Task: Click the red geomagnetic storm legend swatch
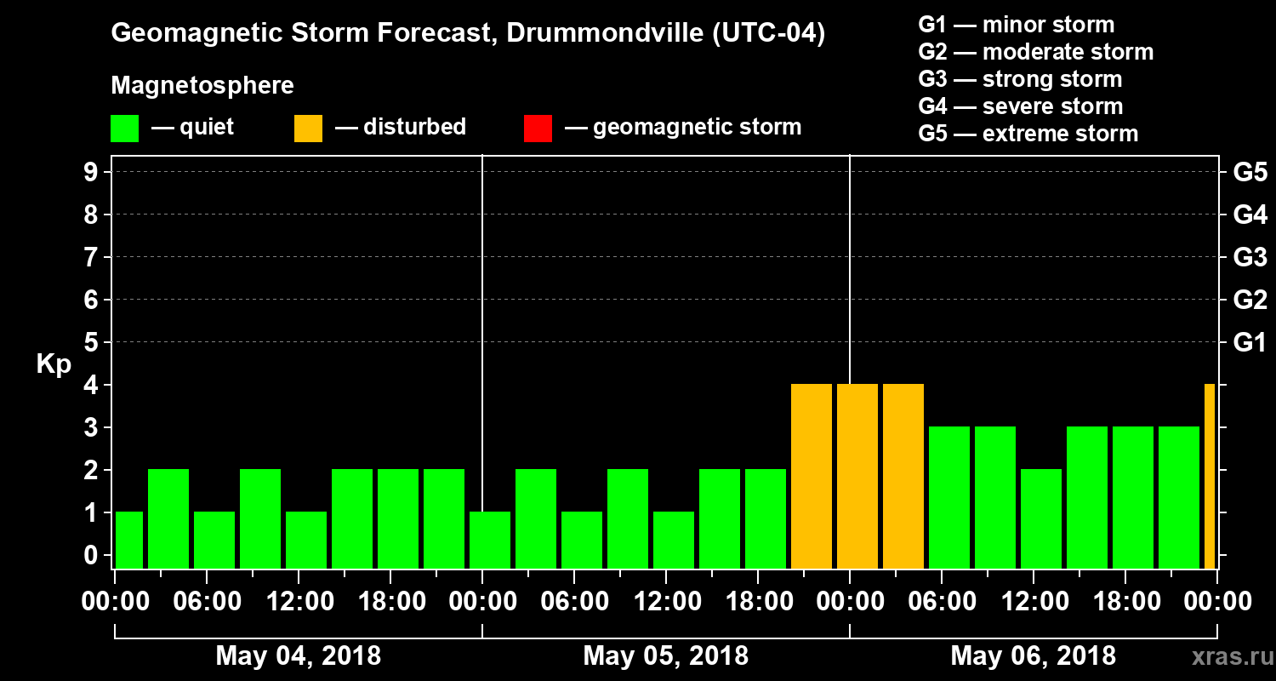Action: pos(538,128)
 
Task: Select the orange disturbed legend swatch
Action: pos(308,128)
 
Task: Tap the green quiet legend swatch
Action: pos(124,128)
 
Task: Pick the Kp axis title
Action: pos(54,363)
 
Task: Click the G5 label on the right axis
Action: pos(1250,173)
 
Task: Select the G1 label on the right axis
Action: pos(1250,343)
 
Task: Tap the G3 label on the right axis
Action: pos(1250,258)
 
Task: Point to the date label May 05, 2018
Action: pos(666,656)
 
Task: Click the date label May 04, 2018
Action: pos(299,656)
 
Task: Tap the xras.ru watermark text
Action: pos(1226,657)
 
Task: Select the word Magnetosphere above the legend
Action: pos(202,86)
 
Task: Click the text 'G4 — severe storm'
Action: pos(1021,106)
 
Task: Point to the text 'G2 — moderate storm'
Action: pos(1036,52)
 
